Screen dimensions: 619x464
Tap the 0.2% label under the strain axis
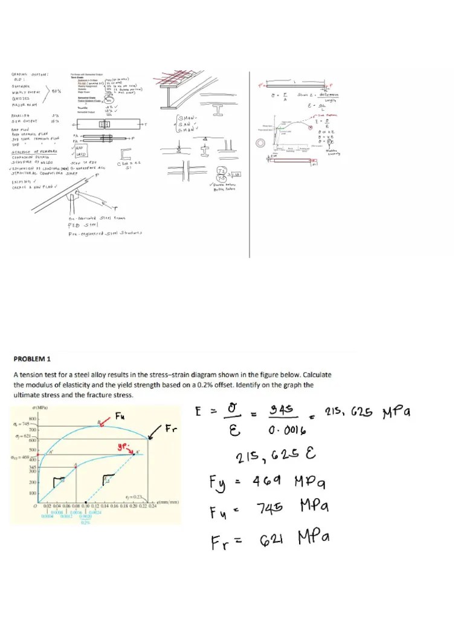[x=85, y=523]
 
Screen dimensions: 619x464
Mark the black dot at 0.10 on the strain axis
[x=86, y=502]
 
